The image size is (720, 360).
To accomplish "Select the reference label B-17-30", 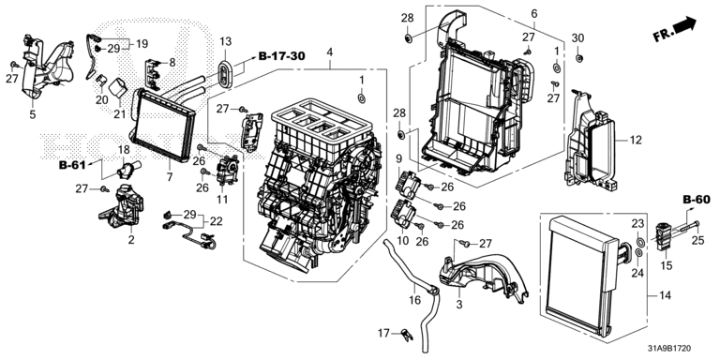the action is (x=282, y=56).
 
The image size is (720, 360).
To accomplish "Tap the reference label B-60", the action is (x=697, y=200).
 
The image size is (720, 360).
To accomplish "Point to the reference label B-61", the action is (x=72, y=165).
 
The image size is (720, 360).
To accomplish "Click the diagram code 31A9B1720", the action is (x=670, y=350).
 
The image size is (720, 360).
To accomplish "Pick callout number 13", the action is (x=225, y=41).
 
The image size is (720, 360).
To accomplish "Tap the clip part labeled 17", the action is (x=406, y=334).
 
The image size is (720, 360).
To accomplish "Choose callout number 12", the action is (x=636, y=140).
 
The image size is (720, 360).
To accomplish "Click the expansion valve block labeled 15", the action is (x=663, y=236).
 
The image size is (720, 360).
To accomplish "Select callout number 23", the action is (x=638, y=224).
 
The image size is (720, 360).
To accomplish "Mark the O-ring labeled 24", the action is (x=638, y=253).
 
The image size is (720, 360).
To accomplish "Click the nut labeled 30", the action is (x=579, y=57).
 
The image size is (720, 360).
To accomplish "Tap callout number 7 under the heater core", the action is (x=170, y=177).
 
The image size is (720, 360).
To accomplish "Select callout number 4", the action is (x=329, y=52).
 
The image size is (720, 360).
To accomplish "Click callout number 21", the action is (x=119, y=113).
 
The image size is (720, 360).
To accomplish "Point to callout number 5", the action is (x=32, y=114).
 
